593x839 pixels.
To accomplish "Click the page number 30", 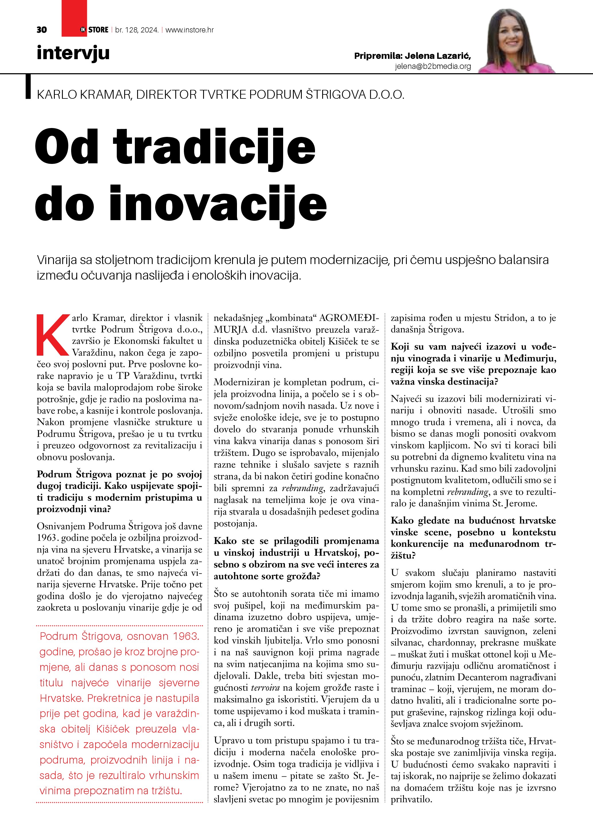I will pyautogui.click(x=42, y=30).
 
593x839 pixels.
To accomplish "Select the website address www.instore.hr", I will pyautogui.click(x=190, y=30).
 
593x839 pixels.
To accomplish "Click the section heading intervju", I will pyautogui.click(x=73, y=53).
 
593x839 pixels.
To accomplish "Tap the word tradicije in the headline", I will pyautogui.click(x=214, y=148).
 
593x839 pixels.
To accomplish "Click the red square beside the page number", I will pyautogui.click(x=74, y=18).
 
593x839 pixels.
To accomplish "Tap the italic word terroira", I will pyautogui.click(x=265, y=688).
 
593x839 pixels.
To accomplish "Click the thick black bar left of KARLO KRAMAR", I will pyautogui.click(x=28, y=87).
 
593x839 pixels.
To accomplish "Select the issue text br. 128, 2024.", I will pyautogui.click(x=137, y=30).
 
